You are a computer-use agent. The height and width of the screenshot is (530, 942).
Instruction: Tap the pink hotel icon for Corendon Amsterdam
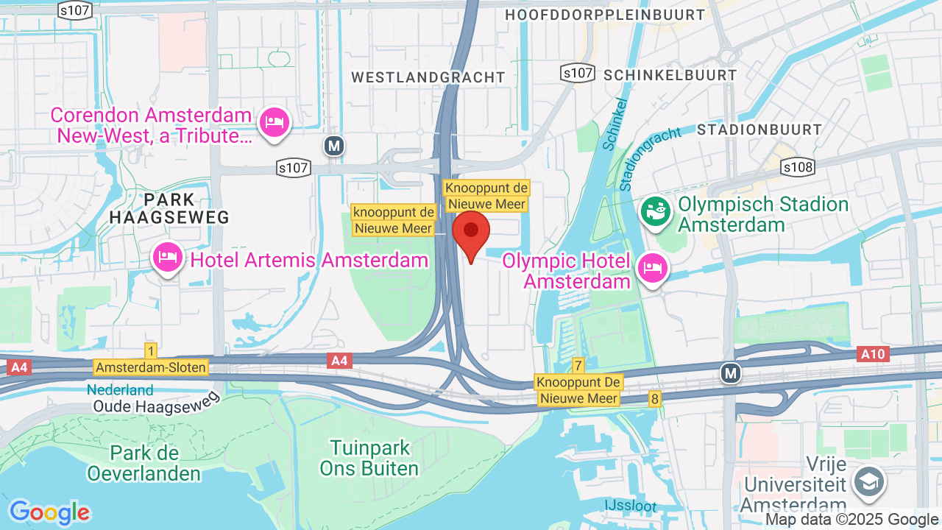[x=275, y=121]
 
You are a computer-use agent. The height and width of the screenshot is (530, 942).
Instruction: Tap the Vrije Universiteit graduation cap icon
[x=869, y=481]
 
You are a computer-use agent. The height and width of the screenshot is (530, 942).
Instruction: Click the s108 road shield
[x=798, y=168]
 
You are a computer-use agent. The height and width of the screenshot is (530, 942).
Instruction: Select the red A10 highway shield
[x=874, y=354]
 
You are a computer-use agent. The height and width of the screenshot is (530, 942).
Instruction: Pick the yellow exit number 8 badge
[x=654, y=398]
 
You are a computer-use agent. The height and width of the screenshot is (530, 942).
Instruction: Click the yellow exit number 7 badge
[x=578, y=366]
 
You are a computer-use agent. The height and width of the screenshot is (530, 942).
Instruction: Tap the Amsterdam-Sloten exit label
[x=151, y=367]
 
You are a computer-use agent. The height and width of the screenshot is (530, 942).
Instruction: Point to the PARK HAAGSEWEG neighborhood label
[x=169, y=208]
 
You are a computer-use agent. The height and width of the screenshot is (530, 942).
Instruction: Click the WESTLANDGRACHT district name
[x=428, y=77]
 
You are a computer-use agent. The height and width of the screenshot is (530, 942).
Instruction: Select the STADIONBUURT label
[x=759, y=130]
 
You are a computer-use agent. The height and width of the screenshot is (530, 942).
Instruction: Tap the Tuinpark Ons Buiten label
[x=369, y=458]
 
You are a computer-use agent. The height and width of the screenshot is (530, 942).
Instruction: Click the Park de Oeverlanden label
[x=144, y=462]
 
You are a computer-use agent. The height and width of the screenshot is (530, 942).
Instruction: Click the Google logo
[x=49, y=512]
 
